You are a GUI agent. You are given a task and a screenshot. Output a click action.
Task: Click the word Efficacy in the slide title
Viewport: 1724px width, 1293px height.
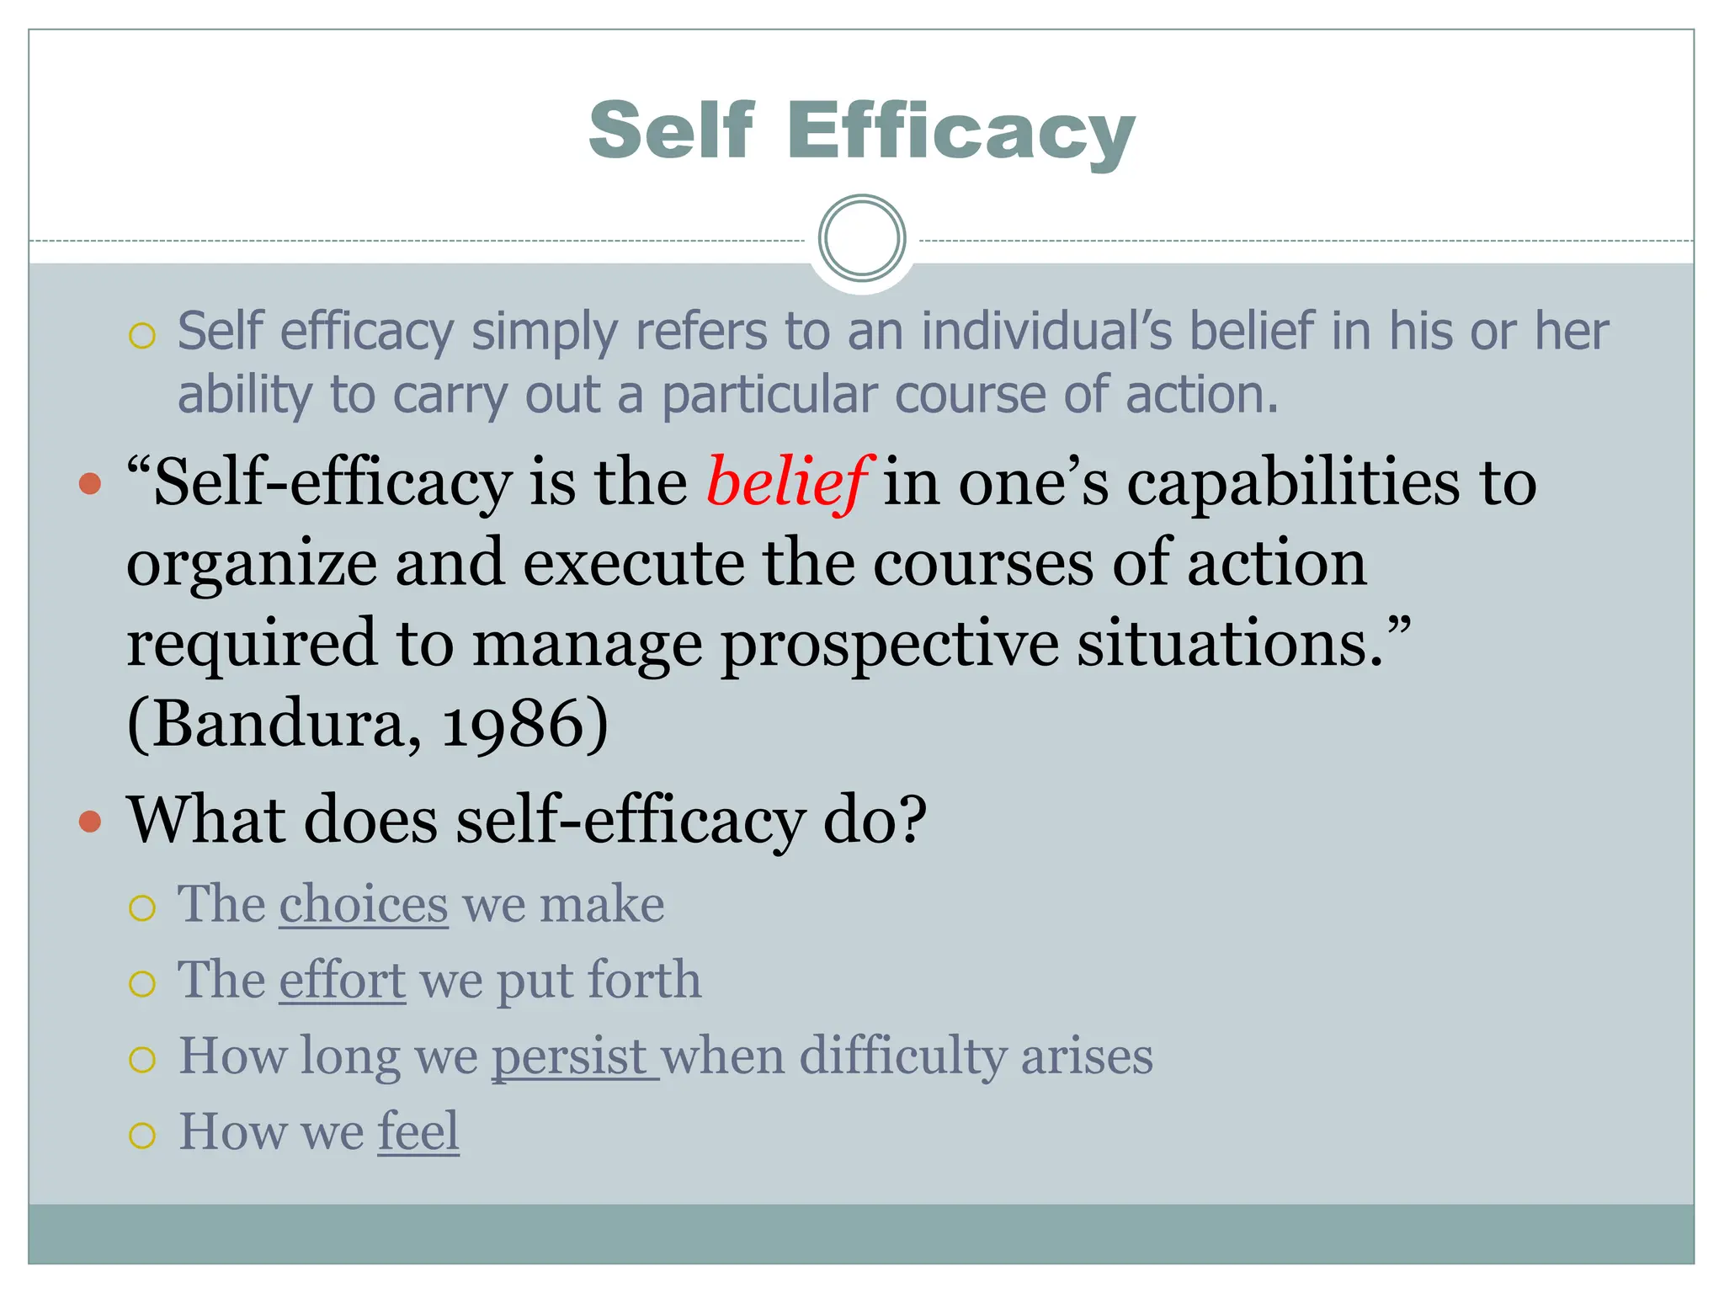(x=960, y=130)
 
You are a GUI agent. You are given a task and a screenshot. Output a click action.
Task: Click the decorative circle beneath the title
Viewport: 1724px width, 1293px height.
(x=862, y=238)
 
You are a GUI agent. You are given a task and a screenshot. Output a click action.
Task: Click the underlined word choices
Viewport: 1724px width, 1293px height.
(x=364, y=905)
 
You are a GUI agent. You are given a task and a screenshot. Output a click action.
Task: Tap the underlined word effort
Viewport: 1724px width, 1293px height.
(x=343, y=981)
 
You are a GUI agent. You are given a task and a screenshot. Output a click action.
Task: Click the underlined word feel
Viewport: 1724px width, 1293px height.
(x=418, y=1131)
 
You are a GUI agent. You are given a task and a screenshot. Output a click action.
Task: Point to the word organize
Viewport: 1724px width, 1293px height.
(x=252, y=564)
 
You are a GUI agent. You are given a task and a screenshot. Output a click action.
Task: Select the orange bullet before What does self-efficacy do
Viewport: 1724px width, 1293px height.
(x=90, y=821)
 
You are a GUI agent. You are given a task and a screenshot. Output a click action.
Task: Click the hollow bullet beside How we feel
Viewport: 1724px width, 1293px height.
(x=142, y=1136)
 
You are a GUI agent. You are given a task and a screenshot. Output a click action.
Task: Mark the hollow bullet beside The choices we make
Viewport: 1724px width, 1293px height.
(x=142, y=908)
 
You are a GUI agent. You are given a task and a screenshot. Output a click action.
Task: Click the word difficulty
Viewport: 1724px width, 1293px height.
(x=902, y=1056)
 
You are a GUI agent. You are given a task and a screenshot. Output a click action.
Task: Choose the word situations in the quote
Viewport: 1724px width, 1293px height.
(x=1231, y=645)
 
